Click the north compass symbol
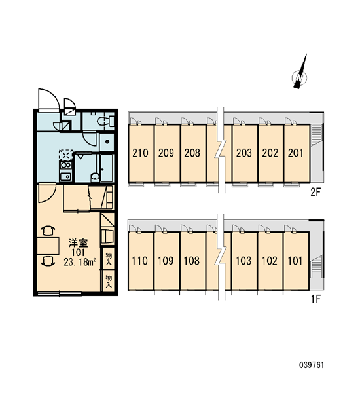(x=300, y=76)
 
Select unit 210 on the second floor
(x=141, y=153)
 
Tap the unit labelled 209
(x=167, y=153)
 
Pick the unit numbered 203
(x=245, y=153)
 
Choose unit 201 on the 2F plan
(x=297, y=153)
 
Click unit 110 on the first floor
(x=141, y=261)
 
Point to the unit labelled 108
(x=192, y=261)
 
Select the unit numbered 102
(x=270, y=261)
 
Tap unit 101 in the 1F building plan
(x=296, y=261)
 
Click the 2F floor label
(x=315, y=192)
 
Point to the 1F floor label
(x=315, y=299)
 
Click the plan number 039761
(x=312, y=365)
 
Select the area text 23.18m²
(x=80, y=262)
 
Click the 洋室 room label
(x=78, y=243)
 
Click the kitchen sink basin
(x=65, y=176)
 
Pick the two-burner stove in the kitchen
(x=65, y=165)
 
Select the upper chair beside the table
(x=48, y=231)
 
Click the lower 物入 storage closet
(x=109, y=281)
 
